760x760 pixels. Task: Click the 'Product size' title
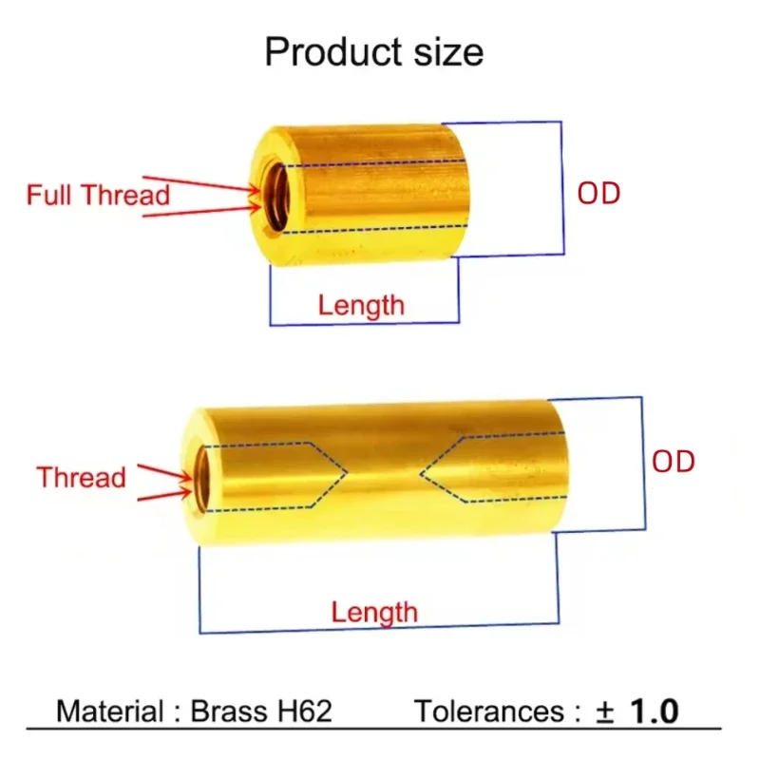373,51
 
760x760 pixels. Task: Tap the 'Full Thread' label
98,196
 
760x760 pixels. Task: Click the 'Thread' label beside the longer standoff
81,477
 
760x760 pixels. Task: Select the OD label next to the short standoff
598,194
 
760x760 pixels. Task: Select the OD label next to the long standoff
673,463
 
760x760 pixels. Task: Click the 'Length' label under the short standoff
361,306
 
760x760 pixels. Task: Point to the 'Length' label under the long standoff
374,613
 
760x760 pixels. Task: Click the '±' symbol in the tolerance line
604,712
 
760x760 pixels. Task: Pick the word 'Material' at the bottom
107,712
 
